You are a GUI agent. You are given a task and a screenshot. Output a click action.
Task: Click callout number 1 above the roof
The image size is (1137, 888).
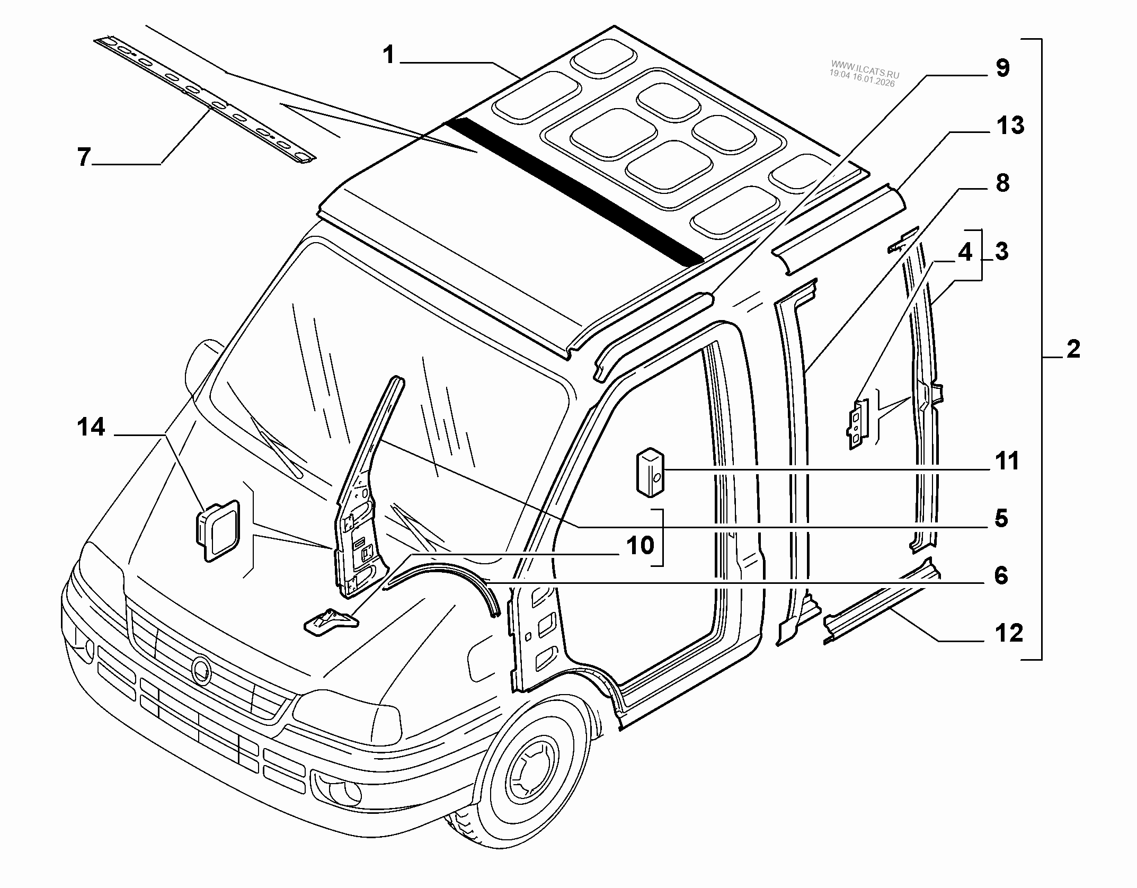389,55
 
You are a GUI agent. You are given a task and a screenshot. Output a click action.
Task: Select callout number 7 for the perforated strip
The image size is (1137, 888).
84,157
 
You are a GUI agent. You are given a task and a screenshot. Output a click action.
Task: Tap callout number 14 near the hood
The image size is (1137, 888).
91,428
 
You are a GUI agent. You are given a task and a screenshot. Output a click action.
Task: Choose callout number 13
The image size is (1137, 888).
1009,126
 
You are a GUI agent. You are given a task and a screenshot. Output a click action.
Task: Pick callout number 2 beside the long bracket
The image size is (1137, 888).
1073,350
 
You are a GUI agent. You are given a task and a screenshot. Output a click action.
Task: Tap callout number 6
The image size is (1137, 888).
1001,575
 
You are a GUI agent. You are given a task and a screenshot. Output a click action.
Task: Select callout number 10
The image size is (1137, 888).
639,545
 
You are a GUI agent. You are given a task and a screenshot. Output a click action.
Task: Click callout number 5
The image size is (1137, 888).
1001,518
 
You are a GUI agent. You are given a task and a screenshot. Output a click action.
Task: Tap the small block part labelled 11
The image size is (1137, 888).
650,473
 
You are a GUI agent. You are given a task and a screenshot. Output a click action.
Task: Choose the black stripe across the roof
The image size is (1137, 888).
572,191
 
